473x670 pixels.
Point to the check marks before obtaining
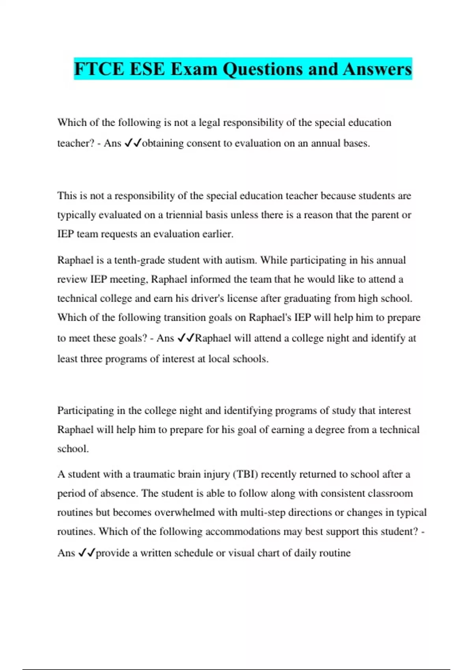pyautogui.click(x=132, y=143)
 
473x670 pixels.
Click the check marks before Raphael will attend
pyautogui.click(x=186, y=338)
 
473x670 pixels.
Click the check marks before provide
pyautogui.click(x=87, y=553)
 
